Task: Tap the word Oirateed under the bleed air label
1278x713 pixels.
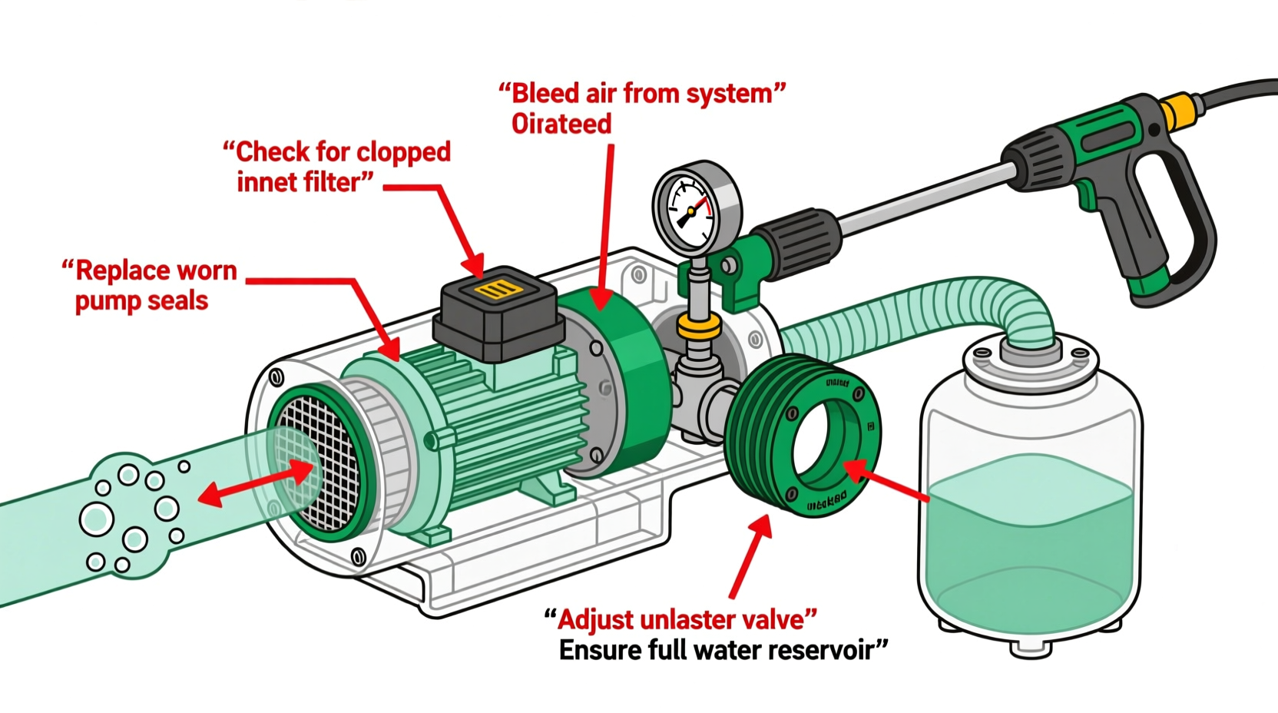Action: point(561,124)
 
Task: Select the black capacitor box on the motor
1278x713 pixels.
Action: point(496,314)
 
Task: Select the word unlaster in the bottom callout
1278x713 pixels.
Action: point(698,619)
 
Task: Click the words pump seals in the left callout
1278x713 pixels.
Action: point(141,300)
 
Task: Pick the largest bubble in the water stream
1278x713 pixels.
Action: point(97,520)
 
